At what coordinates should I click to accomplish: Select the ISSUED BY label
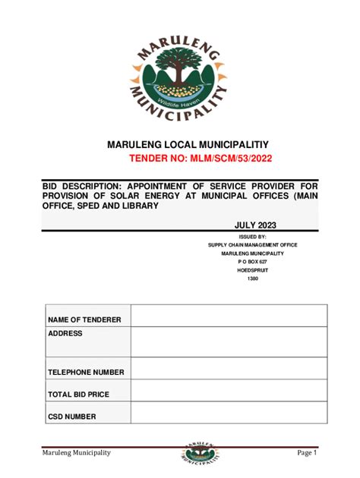click(x=253, y=237)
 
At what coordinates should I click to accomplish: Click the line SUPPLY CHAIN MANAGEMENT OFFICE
click(x=253, y=245)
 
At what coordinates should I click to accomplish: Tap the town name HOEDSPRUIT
click(x=253, y=270)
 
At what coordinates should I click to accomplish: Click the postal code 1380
click(x=253, y=278)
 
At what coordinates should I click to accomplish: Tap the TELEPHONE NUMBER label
click(x=86, y=373)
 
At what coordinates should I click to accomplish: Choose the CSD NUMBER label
click(x=72, y=417)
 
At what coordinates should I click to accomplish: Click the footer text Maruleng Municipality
click(x=76, y=453)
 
